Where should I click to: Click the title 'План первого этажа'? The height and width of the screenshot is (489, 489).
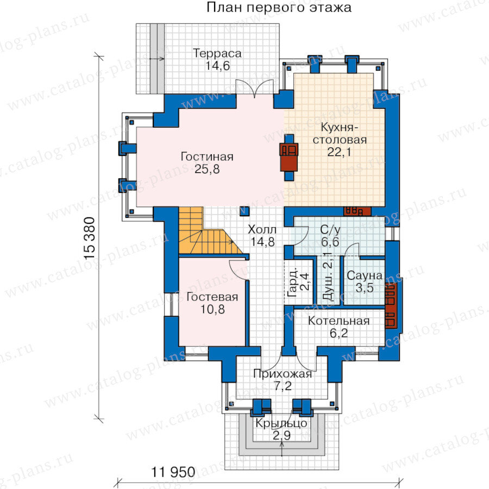pos(279,8)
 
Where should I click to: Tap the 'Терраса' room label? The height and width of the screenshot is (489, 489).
pos(217,53)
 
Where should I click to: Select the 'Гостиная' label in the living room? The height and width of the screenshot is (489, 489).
pos(207,156)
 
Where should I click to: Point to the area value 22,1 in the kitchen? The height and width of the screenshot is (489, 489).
pos(339,152)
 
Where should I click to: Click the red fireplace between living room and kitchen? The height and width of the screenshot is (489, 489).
pos(289,157)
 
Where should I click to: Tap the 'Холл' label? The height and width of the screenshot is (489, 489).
pos(262,229)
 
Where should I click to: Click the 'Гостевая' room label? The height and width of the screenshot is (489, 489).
pos(212,297)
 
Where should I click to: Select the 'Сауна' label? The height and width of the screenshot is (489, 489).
pos(365,275)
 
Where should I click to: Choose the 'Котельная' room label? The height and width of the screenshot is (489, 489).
pos(338,321)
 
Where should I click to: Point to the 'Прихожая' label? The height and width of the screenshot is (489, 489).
pos(283,374)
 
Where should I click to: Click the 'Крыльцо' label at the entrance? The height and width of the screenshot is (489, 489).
pos(281,423)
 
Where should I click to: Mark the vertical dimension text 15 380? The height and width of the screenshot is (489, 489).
pos(90,238)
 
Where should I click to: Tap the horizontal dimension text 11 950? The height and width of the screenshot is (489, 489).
pos(173,472)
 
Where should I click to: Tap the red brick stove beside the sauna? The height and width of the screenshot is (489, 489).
pos(391,306)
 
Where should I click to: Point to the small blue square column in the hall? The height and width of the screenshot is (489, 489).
pos(244,211)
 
